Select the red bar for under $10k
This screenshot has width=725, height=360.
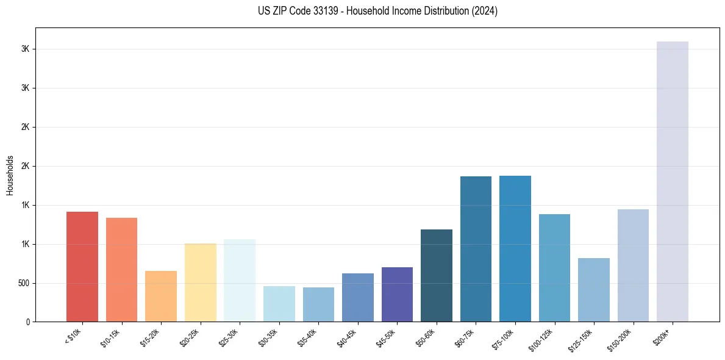click(x=82, y=267)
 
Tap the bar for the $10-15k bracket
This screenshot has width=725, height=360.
click(x=121, y=270)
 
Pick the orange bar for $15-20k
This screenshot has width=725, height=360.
click(x=161, y=296)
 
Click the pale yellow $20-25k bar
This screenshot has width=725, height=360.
click(x=200, y=283)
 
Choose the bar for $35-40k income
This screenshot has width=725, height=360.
click(x=318, y=304)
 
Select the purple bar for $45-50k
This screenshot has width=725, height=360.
click(x=397, y=294)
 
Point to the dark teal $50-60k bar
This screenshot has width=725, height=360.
click(x=436, y=275)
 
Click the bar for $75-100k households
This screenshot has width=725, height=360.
click(x=515, y=248)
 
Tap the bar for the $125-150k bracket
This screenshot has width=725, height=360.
click(x=593, y=290)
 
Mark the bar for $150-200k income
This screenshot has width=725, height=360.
click(x=633, y=265)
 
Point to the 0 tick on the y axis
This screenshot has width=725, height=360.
click(x=28, y=322)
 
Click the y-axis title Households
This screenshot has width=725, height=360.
click(x=10, y=175)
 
